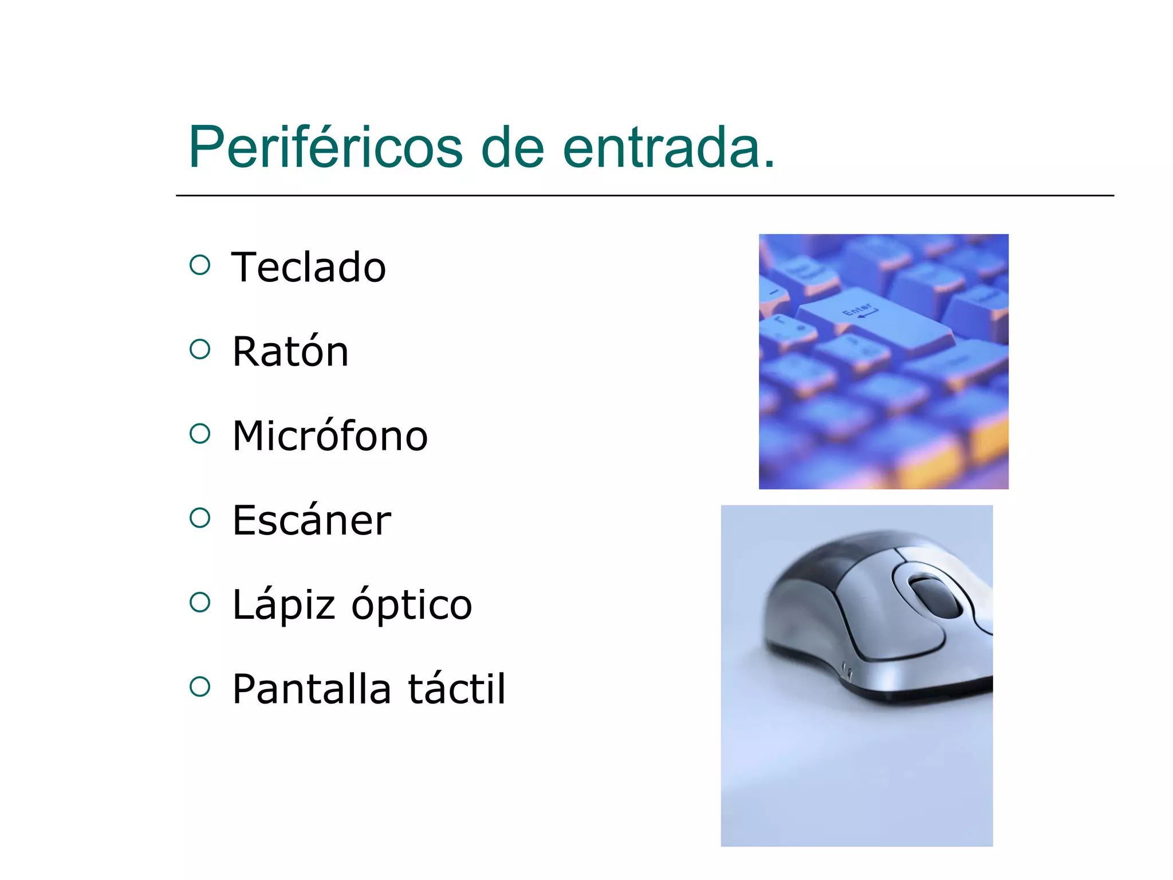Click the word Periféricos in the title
pyautogui.click(x=325, y=148)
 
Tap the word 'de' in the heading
pyautogui.click(x=513, y=148)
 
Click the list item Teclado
pyautogui.click(x=309, y=268)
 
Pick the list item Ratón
pyautogui.click(x=290, y=352)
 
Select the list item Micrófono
pyautogui.click(x=330, y=436)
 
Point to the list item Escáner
pyautogui.click(x=312, y=520)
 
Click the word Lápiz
pyautogui.click(x=284, y=605)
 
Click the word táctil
pyautogui.click(x=456, y=689)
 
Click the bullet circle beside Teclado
pyautogui.click(x=200, y=265)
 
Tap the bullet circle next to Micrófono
pyautogui.click(x=200, y=434)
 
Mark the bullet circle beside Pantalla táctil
pyautogui.click(x=200, y=686)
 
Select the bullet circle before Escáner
pyautogui.click(x=200, y=518)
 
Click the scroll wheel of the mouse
pyautogui.click(x=935, y=598)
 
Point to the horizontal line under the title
pyautogui.click(x=644, y=196)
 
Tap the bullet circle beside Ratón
pyautogui.click(x=200, y=349)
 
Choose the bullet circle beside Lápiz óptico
pyautogui.click(x=200, y=602)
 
